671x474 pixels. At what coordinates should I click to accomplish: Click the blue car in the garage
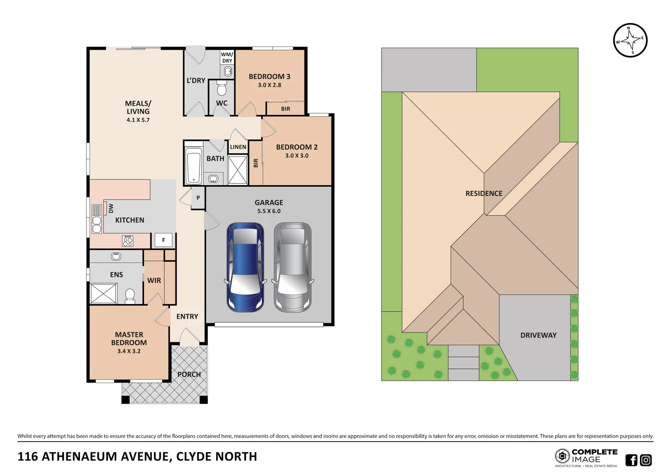pyautogui.click(x=245, y=267)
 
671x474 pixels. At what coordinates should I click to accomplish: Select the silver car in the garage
pyautogui.click(x=292, y=267)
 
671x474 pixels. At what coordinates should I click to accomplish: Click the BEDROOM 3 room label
pyautogui.click(x=270, y=77)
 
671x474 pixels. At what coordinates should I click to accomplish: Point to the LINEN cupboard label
pyautogui.click(x=238, y=147)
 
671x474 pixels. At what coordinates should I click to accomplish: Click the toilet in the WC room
pyautogui.click(x=222, y=88)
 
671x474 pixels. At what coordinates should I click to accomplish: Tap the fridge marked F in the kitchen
pyautogui.click(x=163, y=240)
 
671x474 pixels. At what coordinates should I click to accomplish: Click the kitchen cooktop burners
pyautogui.click(x=128, y=241)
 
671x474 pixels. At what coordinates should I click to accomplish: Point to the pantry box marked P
pyautogui.click(x=198, y=197)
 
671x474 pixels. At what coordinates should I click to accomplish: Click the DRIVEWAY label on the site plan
pyautogui.click(x=538, y=335)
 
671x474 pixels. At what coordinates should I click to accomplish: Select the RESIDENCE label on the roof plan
pyautogui.click(x=484, y=194)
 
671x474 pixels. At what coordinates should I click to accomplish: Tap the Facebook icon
pyautogui.click(x=631, y=460)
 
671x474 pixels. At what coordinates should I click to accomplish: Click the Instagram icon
pyautogui.click(x=646, y=460)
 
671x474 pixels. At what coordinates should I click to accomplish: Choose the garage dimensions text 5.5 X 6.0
pyautogui.click(x=269, y=211)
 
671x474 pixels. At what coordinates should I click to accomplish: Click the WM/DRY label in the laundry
pyautogui.click(x=227, y=57)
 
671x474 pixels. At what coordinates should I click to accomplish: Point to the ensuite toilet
pyautogui.click(x=130, y=296)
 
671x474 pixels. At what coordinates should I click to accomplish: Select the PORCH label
pyautogui.click(x=189, y=374)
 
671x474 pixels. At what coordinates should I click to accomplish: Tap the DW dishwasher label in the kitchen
pyautogui.click(x=111, y=208)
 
